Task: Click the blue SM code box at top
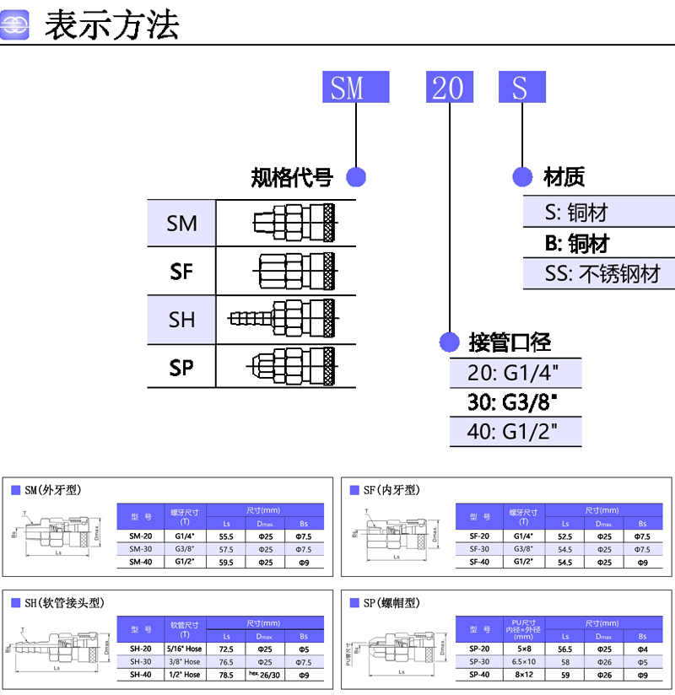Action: pos(355,87)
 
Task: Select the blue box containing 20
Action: pos(449,87)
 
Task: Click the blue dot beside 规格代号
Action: pos(356,177)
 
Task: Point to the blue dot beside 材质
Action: pos(523,177)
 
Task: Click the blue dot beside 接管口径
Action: pos(449,342)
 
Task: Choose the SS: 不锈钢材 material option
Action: pos(598,273)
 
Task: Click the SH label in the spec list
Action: pos(181,320)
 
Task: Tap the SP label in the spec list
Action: pos(181,368)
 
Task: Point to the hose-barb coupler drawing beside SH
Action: pos(283,320)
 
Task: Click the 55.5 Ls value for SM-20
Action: pos(226,536)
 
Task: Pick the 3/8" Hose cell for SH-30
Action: pos(186,662)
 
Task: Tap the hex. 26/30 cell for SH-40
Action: pos(264,675)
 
